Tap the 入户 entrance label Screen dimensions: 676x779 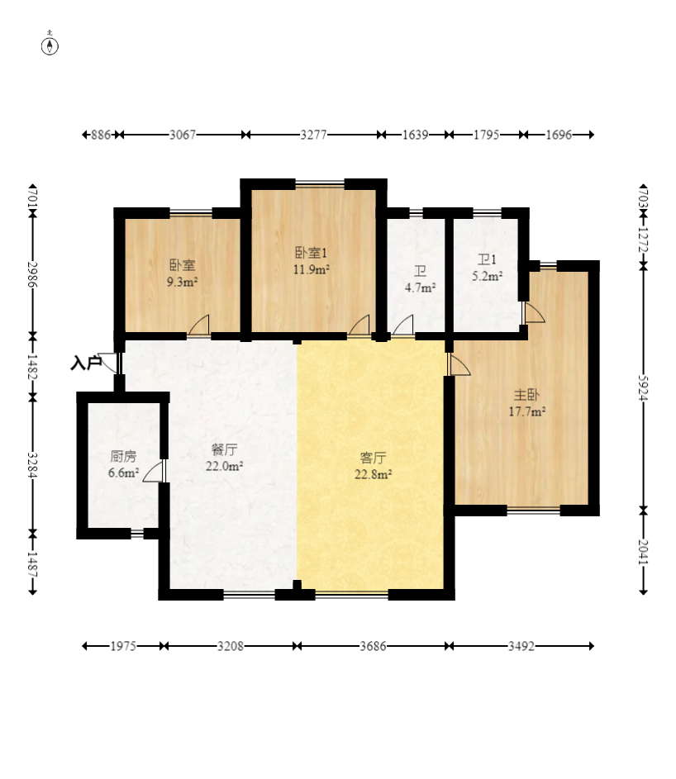pos(86,363)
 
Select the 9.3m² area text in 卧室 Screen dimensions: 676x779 pos(183,283)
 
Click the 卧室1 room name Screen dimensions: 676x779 pos(312,253)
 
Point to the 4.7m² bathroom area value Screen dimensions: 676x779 pos(421,287)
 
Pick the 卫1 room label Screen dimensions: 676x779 pos(487,259)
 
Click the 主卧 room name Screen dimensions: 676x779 pos(526,395)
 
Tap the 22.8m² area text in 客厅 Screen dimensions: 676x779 pos(373,474)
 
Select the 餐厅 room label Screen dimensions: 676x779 pos(224,449)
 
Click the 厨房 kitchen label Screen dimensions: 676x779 pos(123,456)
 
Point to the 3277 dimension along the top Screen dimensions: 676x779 pos(314,135)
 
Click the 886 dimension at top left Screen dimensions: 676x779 pos(101,135)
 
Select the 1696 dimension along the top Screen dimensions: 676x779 pos(559,135)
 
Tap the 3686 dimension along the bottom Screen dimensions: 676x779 pos(373,646)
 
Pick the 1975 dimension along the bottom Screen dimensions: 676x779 pos(123,646)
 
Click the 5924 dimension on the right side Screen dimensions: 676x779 pos(643,387)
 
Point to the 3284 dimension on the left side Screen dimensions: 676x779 pos(33,465)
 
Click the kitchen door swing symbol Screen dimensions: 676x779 pos(153,471)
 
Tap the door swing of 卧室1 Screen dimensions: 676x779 pos(359,325)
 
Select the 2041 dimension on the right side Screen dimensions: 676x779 pos(643,552)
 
